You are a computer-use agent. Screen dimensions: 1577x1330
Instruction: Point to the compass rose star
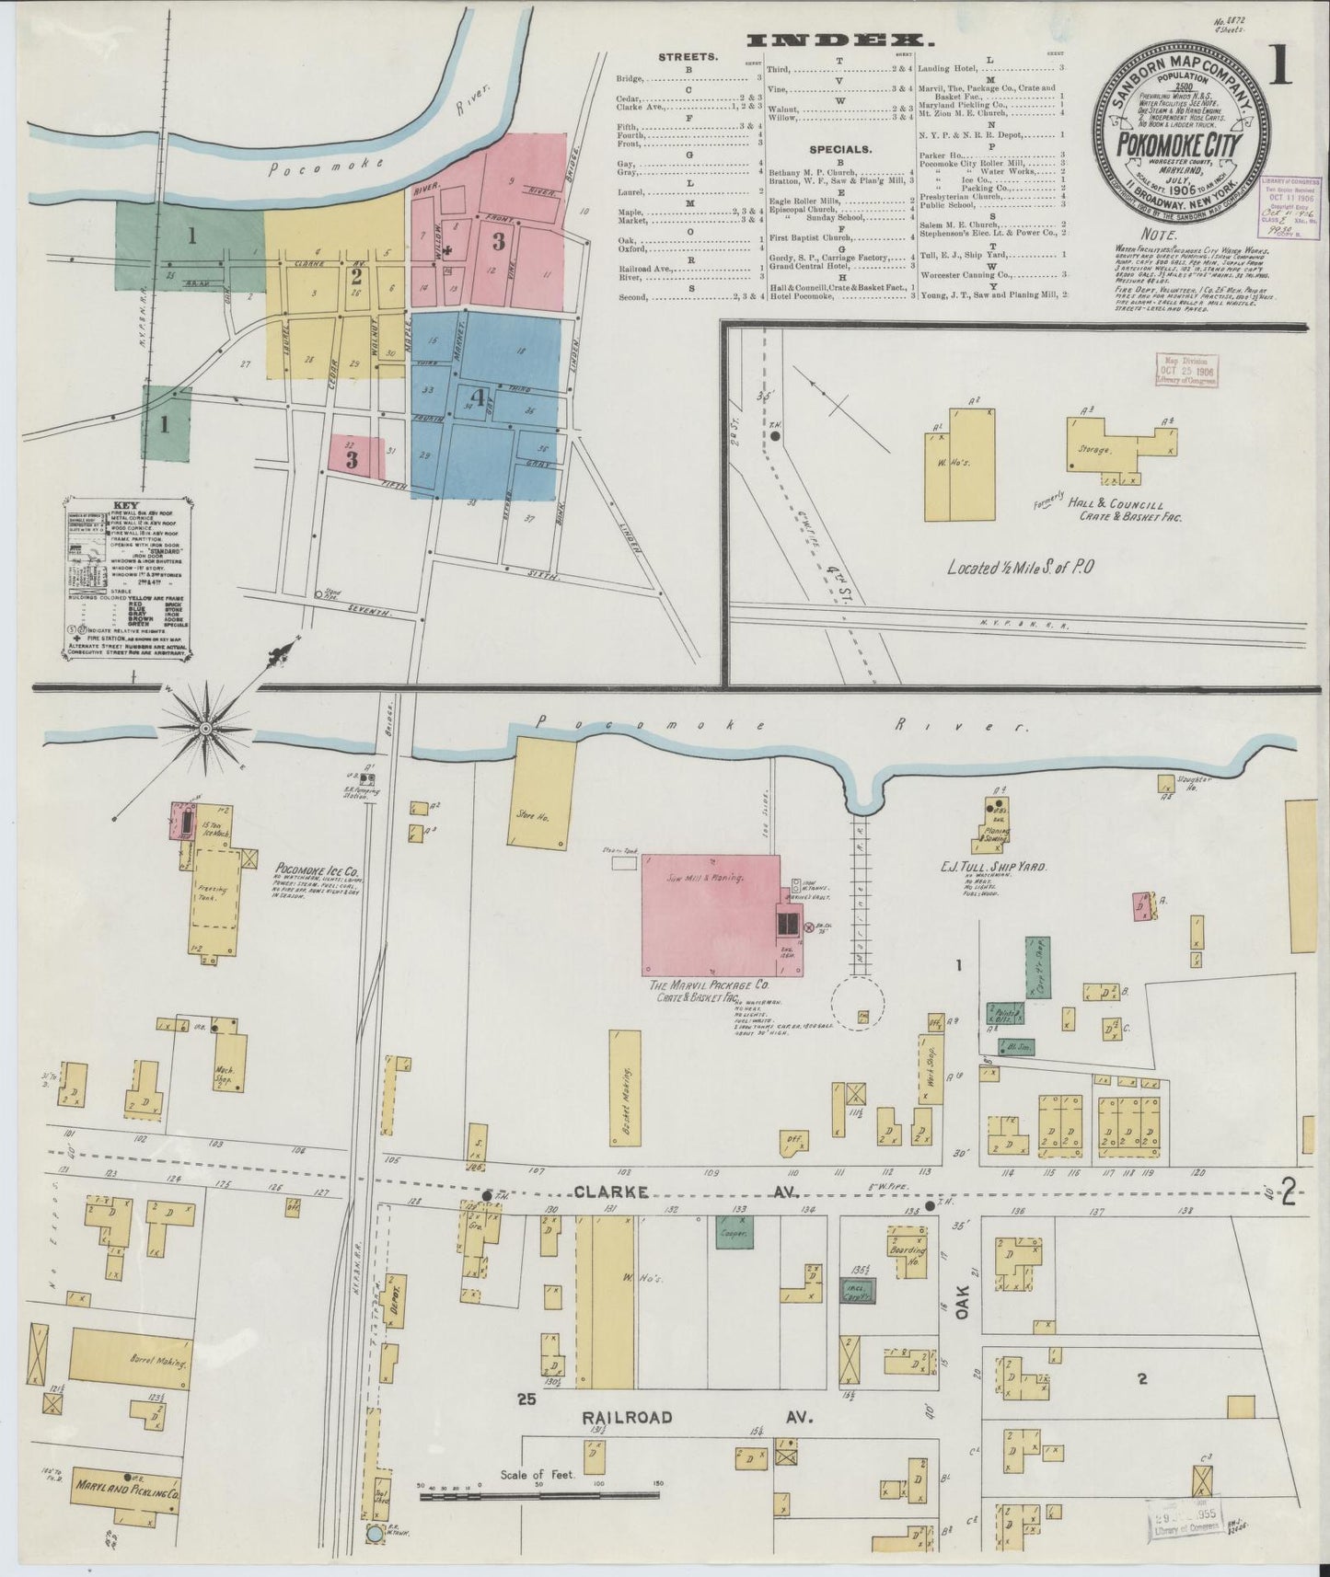point(205,727)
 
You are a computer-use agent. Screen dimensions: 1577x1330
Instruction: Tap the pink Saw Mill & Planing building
point(711,914)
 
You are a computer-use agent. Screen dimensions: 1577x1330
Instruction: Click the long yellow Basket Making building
point(625,1087)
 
